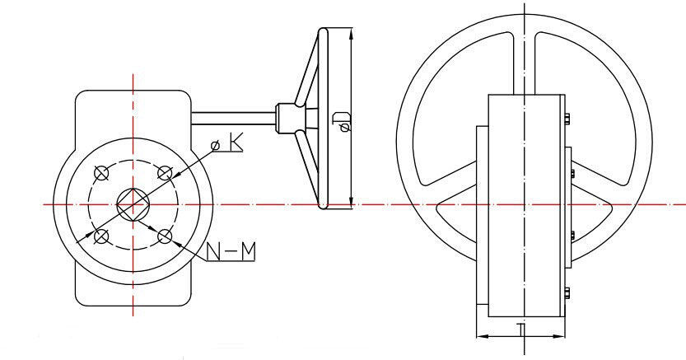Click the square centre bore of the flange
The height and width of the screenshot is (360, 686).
[133, 203]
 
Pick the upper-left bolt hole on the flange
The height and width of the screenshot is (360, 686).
[102, 173]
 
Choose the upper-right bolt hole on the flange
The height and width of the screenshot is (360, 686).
[165, 173]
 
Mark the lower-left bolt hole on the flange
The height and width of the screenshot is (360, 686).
[102, 237]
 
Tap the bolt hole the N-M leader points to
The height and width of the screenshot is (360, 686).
[165, 237]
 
